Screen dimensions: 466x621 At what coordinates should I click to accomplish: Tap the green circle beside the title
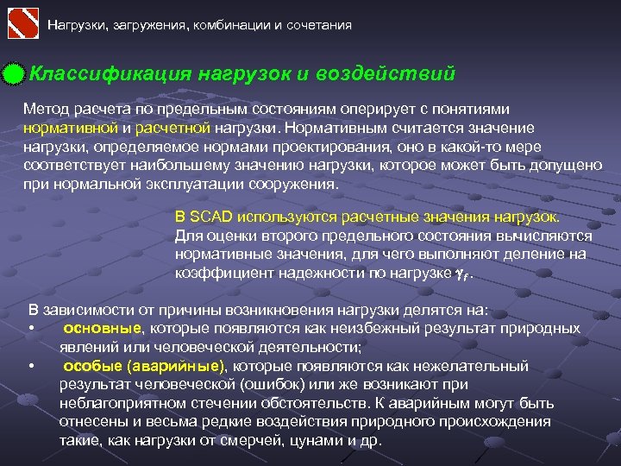12,75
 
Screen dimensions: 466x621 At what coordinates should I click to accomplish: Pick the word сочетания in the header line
317,25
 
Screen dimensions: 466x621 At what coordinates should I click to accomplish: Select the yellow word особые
90,366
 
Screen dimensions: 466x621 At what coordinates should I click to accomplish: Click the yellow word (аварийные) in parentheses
172,366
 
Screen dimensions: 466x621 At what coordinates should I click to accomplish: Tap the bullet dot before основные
30,329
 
